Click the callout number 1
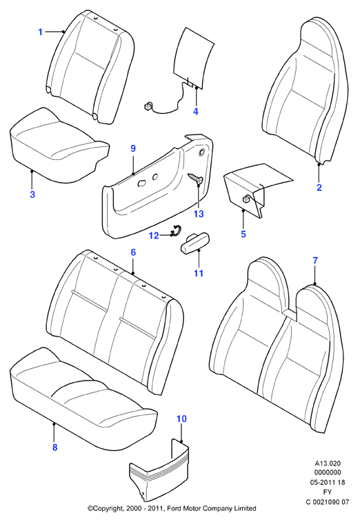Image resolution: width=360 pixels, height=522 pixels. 40,32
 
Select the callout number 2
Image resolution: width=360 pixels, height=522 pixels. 319,188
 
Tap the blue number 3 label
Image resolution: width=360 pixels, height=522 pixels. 32,194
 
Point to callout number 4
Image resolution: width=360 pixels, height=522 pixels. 196,112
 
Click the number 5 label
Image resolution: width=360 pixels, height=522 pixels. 243,234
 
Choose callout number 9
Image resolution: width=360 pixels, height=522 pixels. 133,148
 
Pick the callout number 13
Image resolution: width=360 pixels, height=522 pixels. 199,214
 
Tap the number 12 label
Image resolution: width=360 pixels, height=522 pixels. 154,236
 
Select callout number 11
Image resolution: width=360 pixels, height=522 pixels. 199,273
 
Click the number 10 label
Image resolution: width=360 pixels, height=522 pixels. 181,419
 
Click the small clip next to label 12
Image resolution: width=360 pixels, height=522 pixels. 174,231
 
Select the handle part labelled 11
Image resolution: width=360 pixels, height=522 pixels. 190,243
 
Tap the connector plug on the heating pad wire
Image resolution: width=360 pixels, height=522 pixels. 147,106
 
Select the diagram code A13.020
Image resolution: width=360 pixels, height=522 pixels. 328,463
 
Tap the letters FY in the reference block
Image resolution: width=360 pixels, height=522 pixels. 328,492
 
